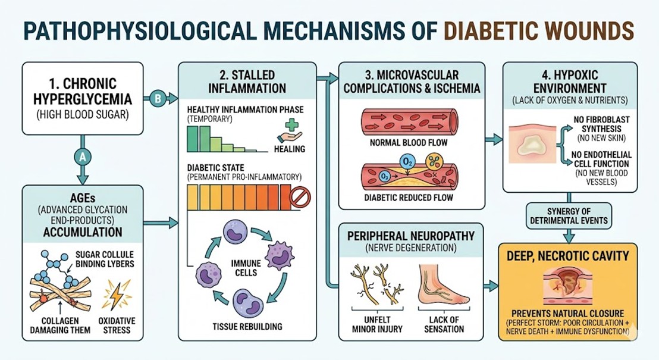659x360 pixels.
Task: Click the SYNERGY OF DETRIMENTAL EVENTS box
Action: (x=570, y=217)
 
